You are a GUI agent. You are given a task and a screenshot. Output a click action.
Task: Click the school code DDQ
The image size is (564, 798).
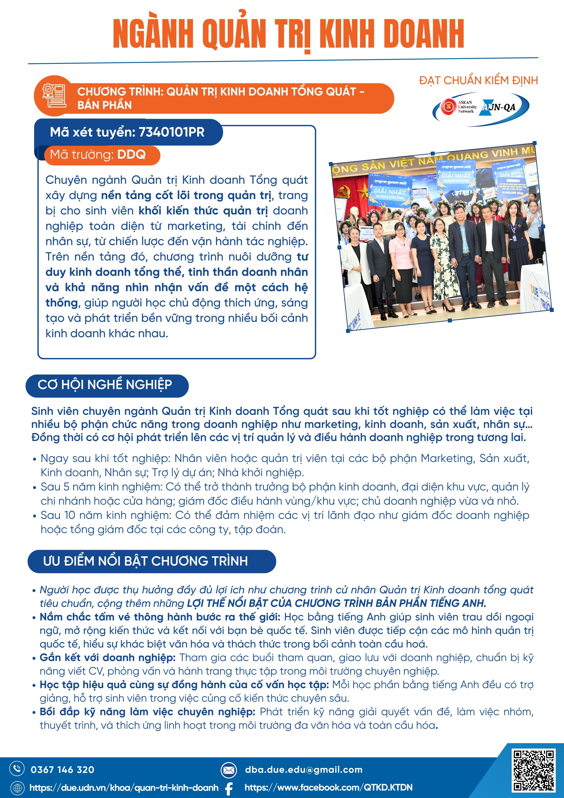coord(131,155)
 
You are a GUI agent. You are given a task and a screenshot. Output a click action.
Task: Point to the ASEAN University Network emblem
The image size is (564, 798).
coord(448,107)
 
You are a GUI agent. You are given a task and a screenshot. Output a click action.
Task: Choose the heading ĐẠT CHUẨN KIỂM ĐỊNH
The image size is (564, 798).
coord(478,81)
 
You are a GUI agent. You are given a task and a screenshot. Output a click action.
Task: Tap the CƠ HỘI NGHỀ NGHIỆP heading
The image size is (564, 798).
coord(105,385)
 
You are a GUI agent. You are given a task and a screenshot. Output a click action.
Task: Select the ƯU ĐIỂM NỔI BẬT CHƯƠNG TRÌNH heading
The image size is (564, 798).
coord(146,561)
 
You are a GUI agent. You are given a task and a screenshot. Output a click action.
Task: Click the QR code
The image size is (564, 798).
coord(533,770)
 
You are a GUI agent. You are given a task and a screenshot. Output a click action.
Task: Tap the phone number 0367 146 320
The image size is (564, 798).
coord(62,770)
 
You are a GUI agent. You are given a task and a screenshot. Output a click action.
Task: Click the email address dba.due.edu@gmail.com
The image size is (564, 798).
coord(303,770)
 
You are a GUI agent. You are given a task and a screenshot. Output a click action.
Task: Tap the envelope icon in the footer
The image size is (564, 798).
coord(229,770)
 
